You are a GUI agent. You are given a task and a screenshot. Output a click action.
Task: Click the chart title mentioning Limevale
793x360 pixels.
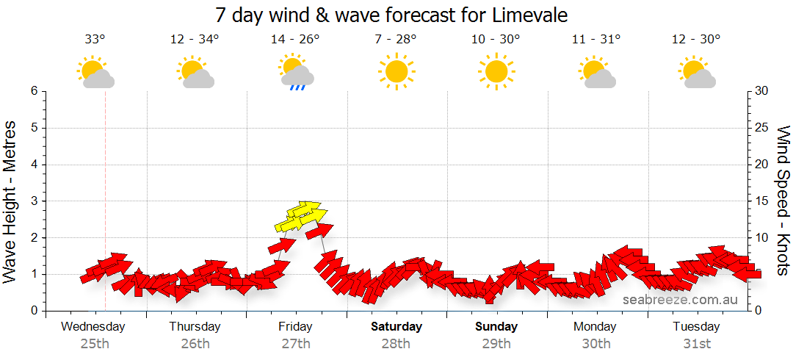click(391, 15)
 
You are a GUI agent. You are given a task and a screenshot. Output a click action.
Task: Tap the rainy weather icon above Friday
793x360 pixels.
click(297, 73)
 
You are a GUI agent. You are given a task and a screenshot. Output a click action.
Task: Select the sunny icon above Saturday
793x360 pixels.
click(396, 72)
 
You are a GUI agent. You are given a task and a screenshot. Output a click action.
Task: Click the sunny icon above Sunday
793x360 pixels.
click(496, 72)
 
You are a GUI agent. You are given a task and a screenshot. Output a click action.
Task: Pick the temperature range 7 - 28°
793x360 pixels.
click(396, 40)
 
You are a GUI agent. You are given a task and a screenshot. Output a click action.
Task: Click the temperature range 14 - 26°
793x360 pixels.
click(295, 40)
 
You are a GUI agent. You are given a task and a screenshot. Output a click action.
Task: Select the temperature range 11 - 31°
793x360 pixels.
click(596, 40)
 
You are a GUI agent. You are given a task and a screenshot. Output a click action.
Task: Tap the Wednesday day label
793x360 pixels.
click(93, 327)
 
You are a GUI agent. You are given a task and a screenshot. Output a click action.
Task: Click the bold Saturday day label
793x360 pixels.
click(396, 327)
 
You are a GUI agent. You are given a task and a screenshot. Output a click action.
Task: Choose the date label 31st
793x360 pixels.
click(696, 343)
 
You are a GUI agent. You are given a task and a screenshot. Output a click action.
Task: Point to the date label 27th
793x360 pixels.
click(295, 343)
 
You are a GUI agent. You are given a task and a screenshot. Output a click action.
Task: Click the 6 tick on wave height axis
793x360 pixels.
click(33, 91)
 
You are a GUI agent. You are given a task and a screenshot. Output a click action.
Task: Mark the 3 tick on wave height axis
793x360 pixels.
click(33, 201)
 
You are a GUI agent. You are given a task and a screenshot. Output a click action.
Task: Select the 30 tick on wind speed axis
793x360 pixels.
click(762, 91)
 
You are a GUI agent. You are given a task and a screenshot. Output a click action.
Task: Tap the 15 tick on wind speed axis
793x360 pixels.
click(762, 201)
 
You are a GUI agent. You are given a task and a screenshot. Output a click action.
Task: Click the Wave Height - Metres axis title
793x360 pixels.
click(10, 201)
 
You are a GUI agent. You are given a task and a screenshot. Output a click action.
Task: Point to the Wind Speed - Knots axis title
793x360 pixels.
click(783, 201)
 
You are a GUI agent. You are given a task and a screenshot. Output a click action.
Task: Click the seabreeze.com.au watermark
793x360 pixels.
click(680, 300)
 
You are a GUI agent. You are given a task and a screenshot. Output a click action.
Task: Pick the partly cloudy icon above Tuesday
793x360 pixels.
click(698, 73)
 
